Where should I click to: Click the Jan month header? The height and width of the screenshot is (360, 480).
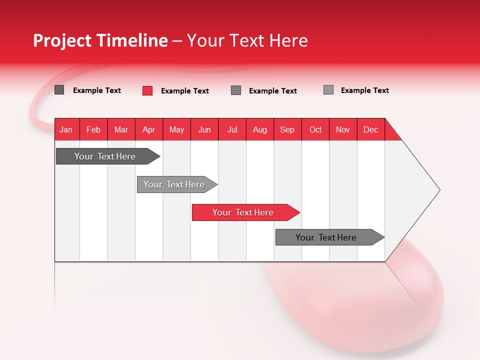pyautogui.click(x=66, y=129)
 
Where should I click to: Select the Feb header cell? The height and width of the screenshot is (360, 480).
pyautogui.click(x=93, y=129)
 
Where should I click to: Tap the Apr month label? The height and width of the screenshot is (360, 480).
pyautogui.click(x=149, y=129)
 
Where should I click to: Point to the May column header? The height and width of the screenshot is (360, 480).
pyautogui.click(x=176, y=129)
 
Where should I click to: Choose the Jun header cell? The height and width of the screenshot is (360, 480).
pyautogui.click(x=204, y=129)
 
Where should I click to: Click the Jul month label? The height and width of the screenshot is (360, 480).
pyautogui.click(x=232, y=129)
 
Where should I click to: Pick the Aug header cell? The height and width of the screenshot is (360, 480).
pyautogui.click(x=260, y=129)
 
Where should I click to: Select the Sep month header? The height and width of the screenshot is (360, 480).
pyautogui.click(x=287, y=129)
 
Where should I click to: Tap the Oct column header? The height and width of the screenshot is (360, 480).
pyautogui.click(x=315, y=129)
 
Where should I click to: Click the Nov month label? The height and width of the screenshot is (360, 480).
pyautogui.click(x=343, y=129)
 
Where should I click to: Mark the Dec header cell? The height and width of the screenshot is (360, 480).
pyautogui.click(x=371, y=129)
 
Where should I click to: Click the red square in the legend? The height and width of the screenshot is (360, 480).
pyautogui.click(x=147, y=90)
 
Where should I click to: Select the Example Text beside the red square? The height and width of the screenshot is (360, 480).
pyautogui.click(x=185, y=91)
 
